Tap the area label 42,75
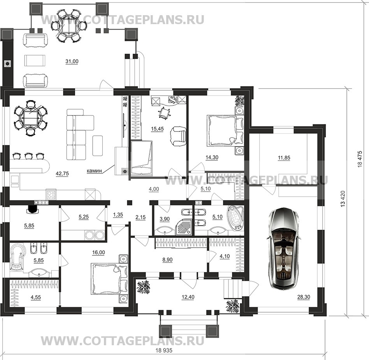(62, 174)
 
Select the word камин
(94, 171)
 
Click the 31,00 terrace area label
(72, 61)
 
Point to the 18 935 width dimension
(164, 350)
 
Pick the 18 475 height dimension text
(360, 159)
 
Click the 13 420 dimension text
(343, 199)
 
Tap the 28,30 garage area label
(304, 297)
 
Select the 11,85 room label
(284, 158)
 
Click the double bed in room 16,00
(109, 279)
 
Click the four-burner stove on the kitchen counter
(51, 194)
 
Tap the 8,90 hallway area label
(167, 260)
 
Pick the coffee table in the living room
(98, 145)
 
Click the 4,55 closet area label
(35, 297)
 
